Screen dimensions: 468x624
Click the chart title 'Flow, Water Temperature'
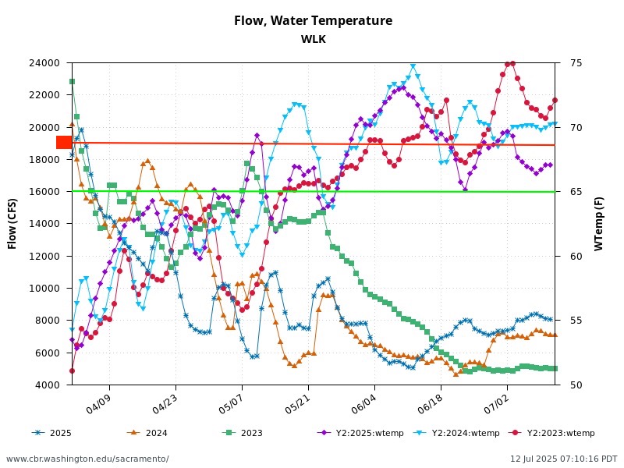(x=313, y=21)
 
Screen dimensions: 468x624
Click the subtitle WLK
(x=313, y=40)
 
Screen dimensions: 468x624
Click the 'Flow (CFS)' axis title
(x=12, y=224)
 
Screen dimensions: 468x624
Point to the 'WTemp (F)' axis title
(x=599, y=224)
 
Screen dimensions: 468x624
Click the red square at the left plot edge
(x=64, y=142)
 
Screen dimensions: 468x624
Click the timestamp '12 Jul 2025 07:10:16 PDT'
(x=563, y=459)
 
